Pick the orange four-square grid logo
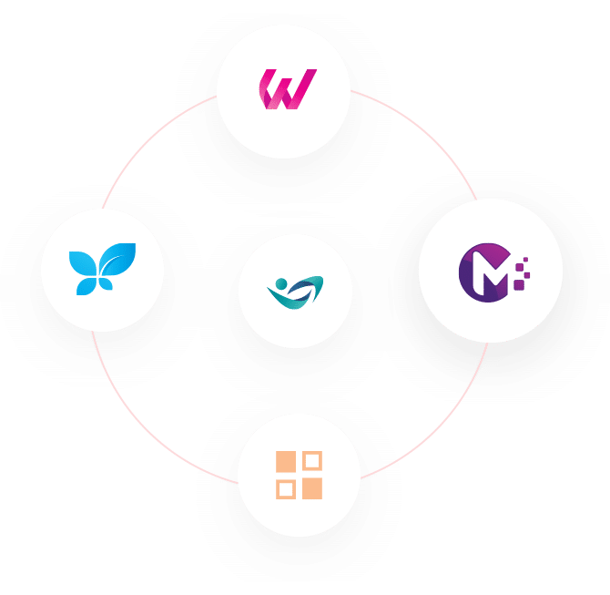[299, 475]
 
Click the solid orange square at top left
[286, 462]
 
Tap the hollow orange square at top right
[312, 461]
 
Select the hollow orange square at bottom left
[286, 488]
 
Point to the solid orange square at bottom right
[312, 488]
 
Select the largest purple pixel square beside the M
[519, 285]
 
